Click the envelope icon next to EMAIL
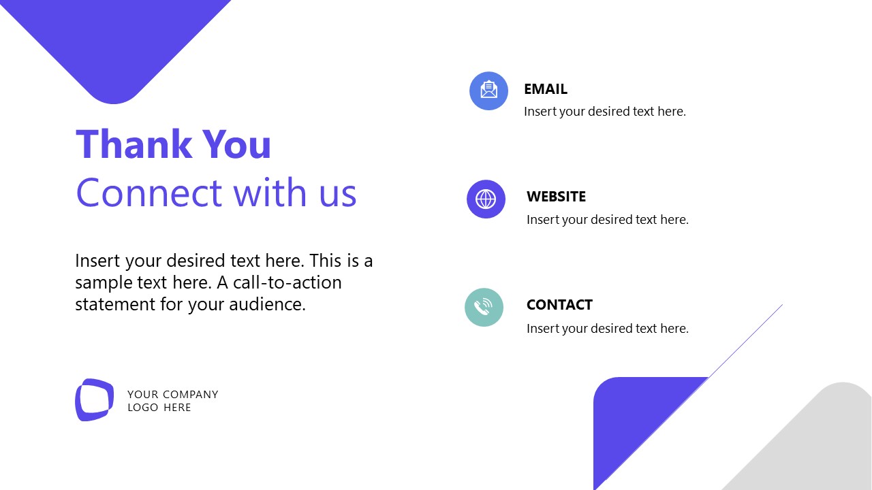488,91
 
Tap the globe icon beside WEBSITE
486,199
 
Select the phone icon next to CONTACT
484,308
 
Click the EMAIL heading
545,89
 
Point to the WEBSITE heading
556,197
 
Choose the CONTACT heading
559,305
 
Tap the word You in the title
237,145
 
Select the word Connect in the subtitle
149,193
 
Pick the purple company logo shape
94,399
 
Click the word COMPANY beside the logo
191,395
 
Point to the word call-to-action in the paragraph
287,282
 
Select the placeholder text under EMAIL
604,112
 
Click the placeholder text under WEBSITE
607,220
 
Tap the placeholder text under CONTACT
607,329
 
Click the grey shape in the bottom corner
817,449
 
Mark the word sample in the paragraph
106,282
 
